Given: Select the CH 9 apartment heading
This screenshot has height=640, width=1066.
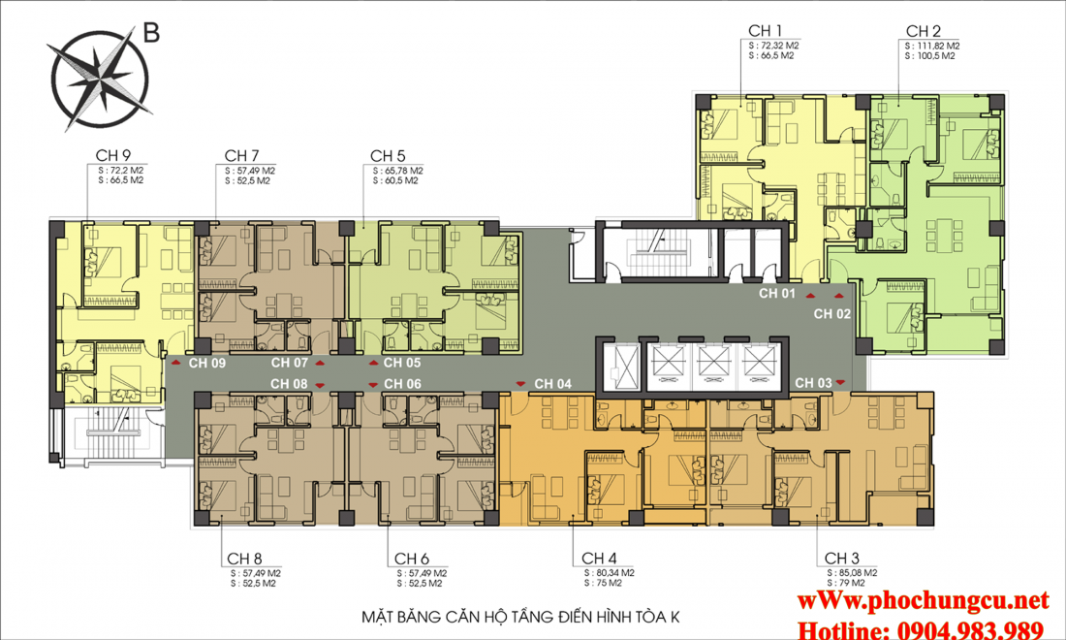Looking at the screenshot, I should (113, 154).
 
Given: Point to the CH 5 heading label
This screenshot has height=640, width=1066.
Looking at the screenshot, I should (388, 154).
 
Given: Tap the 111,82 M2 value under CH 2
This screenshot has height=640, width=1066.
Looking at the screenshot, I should (932, 46).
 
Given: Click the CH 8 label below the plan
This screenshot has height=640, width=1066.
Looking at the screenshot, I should (243, 559).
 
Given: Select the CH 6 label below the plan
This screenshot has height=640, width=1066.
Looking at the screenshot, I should (413, 559).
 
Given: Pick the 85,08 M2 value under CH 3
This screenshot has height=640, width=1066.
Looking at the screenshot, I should (850, 573).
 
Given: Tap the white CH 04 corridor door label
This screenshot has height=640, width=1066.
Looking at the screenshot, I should (552, 383).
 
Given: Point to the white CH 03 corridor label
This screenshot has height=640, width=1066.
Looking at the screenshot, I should (813, 383).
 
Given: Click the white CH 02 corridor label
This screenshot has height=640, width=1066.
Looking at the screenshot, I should (831, 313).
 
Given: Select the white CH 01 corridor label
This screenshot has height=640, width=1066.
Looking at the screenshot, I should (776, 293).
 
